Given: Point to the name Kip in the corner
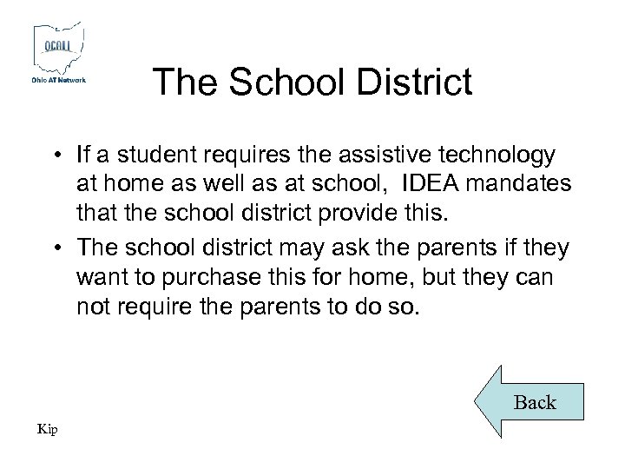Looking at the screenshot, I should click(47, 428).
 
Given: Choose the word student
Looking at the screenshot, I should click(150, 155).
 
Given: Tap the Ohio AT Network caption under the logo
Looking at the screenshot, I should click(59, 81).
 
